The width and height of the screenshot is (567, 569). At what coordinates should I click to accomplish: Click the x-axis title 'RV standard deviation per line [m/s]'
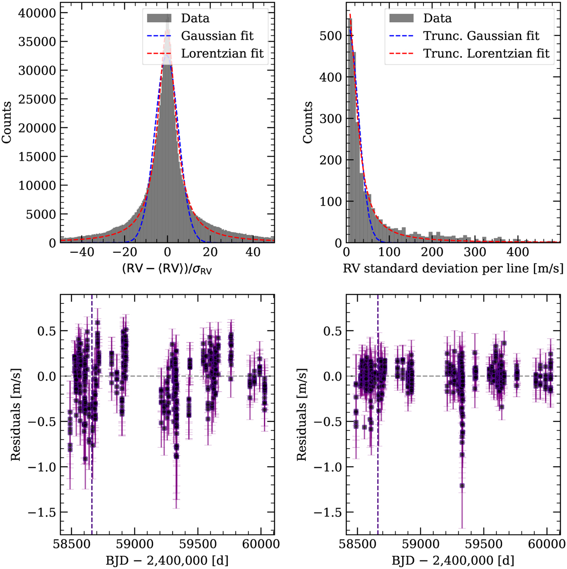click(x=453, y=268)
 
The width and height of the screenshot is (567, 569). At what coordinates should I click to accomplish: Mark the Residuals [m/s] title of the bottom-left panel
click(x=16, y=414)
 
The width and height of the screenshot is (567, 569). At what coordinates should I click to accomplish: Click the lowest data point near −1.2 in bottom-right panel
click(x=462, y=485)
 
